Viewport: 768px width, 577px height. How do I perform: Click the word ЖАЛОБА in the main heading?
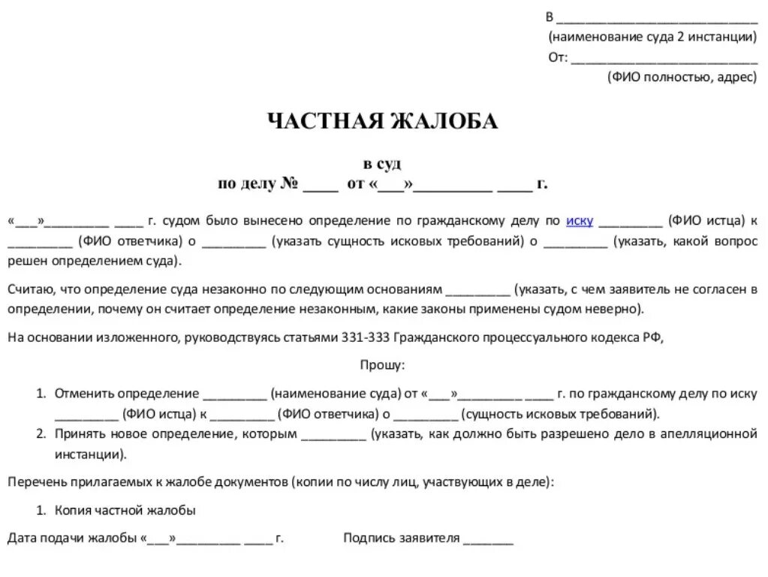pyautogui.click(x=441, y=122)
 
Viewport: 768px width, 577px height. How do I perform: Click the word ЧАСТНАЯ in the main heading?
pyautogui.click(x=324, y=122)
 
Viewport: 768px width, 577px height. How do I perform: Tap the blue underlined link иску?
pyautogui.click(x=580, y=221)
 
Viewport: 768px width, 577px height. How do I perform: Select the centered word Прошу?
pyautogui.click(x=383, y=365)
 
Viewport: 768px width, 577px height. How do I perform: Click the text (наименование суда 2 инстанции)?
pyautogui.click(x=652, y=37)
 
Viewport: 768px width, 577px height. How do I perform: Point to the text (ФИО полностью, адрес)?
pyautogui.click(x=682, y=77)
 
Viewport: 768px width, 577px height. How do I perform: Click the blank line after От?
pyautogui.click(x=664, y=59)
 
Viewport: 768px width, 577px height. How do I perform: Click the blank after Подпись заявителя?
pyautogui.click(x=488, y=539)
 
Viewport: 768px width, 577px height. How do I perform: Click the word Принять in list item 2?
pyautogui.click(x=79, y=434)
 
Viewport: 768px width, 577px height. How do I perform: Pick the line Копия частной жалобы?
pyautogui.click(x=125, y=510)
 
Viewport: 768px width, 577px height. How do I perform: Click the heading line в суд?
pyautogui.click(x=383, y=165)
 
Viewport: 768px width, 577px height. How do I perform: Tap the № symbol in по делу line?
pyautogui.click(x=290, y=184)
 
